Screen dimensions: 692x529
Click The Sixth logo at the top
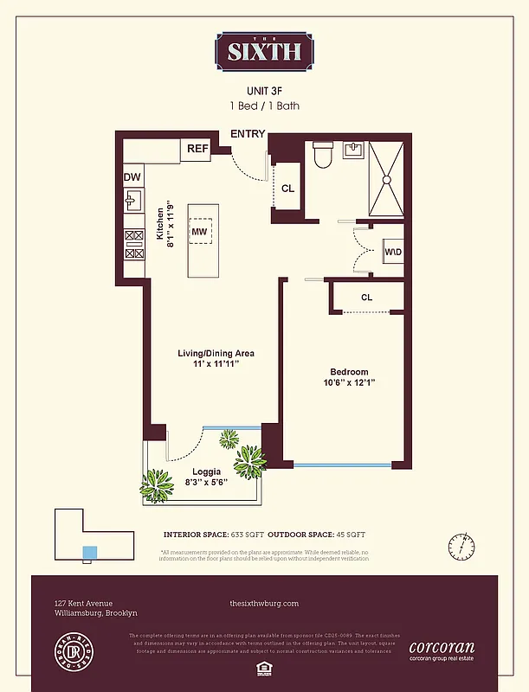point(264,49)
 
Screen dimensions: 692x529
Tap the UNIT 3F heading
point(264,90)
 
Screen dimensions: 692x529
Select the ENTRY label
point(248,134)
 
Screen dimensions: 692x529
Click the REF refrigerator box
point(197,149)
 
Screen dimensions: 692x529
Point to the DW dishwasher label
point(132,177)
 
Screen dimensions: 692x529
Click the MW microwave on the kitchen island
point(199,232)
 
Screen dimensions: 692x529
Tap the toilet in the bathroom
point(322,156)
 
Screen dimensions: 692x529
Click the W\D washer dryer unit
point(392,252)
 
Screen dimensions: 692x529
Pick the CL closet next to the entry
point(287,188)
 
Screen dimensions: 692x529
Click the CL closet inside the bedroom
point(366,298)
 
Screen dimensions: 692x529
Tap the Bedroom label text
point(348,372)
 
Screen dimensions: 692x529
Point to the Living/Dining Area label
point(216,353)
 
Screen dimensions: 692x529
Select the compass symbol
point(462,548)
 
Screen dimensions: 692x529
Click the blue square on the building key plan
point(88,552)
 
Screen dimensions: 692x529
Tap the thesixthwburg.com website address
point(264,604)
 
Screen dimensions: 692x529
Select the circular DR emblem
point(72,650)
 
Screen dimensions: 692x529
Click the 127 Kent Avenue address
point(83,604)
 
